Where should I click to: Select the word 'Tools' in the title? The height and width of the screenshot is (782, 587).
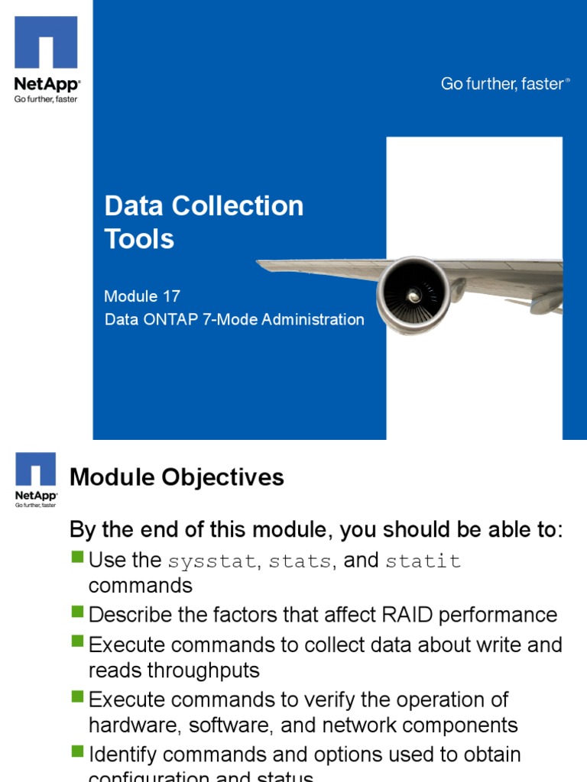(x=139, y=239)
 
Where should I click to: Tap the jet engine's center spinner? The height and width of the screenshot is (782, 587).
(x=413, y=295)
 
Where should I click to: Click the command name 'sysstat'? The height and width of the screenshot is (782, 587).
(x=212, y=561)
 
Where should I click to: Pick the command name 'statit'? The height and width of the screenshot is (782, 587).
(x=423, y=561)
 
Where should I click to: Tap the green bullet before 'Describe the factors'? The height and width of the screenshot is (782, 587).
(x=77, y=612)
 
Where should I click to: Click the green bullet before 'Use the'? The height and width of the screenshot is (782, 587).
(x=77, y=557)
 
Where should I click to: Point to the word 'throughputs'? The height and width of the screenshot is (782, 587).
(x=194, y=671)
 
